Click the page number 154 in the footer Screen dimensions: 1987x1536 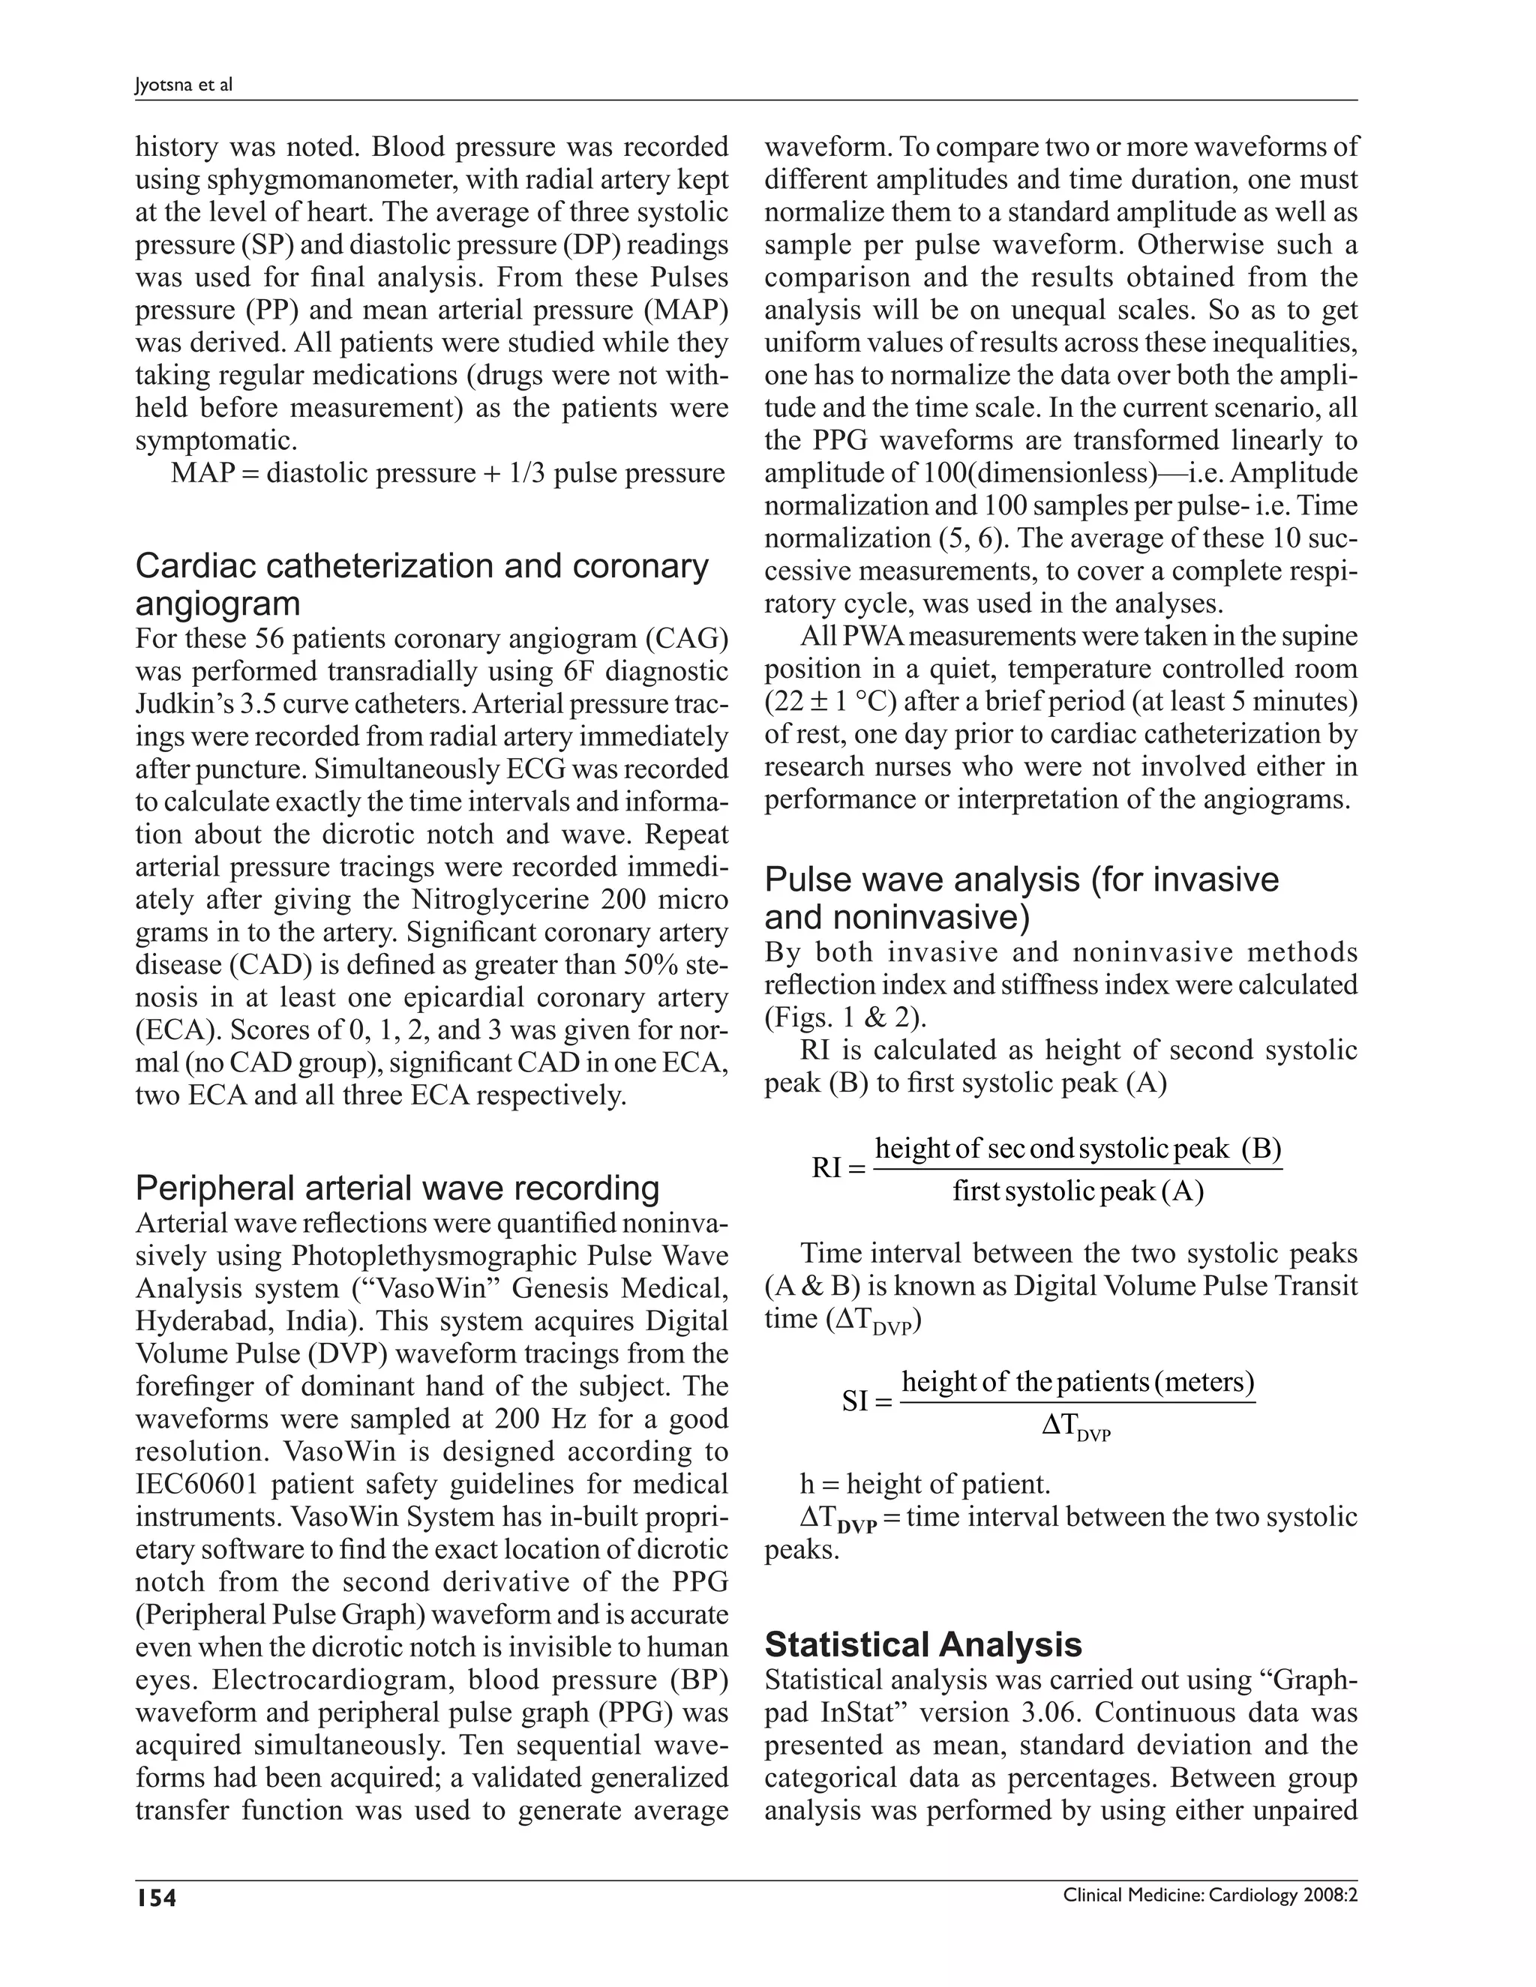pyautogui.click(x=154, y=1897)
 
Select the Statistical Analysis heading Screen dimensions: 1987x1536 pyautogui.click(x=922, y=1644)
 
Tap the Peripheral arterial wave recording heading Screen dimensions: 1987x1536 pyautogui.click(x=397, y=1188)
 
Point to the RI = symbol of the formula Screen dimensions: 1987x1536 pyautogui.click(x=838, y=1168)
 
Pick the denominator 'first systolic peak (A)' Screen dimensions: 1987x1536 pyautogui.click(x=1078, y=1191)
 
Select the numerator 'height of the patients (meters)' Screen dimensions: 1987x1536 pyautogui.click(x=1078, y=1381)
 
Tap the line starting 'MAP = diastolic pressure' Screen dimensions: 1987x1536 pyautogui.click(x=448, y=473)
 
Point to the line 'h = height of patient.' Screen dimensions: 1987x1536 pyautogui.click(x=925, y=1484)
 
